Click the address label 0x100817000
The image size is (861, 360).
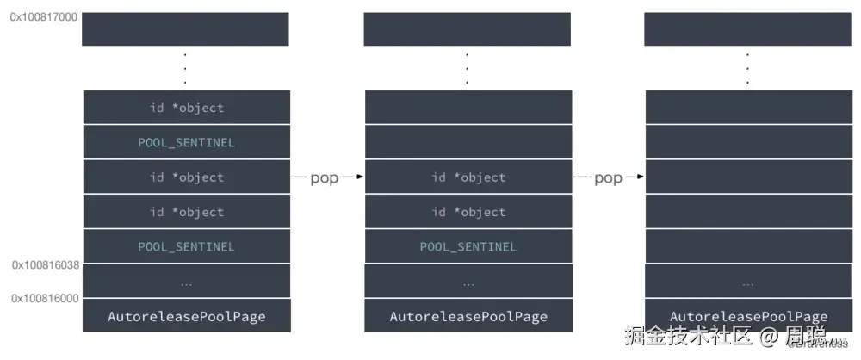pos(41,16)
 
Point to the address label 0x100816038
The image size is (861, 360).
pos(46,266)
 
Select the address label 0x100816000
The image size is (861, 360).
pos(46,298)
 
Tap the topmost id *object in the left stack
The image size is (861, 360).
pos(187,108)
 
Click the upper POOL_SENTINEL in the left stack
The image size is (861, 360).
pos(187,142)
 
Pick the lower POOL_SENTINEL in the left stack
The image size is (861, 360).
pos(187,246)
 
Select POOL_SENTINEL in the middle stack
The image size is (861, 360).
pos(468,246)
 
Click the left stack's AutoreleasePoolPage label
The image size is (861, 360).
pos(187,316)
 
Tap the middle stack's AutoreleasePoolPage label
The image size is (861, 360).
pos(468,316)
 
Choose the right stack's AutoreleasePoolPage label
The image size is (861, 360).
pos(748,316)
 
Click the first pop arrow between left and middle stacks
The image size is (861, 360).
pos(327,177)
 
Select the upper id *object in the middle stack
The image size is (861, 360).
pos(468,177)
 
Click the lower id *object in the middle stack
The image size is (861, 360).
pos(468,212)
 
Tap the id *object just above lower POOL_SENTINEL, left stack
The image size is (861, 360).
pos(187,212)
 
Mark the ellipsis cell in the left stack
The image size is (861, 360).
pos(187,282)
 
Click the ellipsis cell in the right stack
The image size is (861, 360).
pos(748,282)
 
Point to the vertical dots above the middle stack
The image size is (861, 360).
pos(468,68)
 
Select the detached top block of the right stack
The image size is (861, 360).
pos(747,28)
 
